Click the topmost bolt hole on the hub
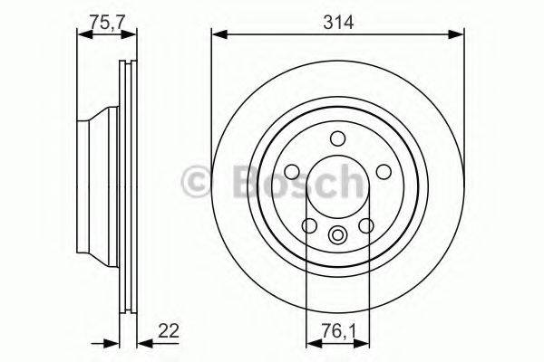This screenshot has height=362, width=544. tap(338, 138)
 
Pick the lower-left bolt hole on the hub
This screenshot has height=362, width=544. tap(308, 227)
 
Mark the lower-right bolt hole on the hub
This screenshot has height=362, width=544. tap(367, 227)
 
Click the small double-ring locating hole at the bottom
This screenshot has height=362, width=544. tap(338, 237)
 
